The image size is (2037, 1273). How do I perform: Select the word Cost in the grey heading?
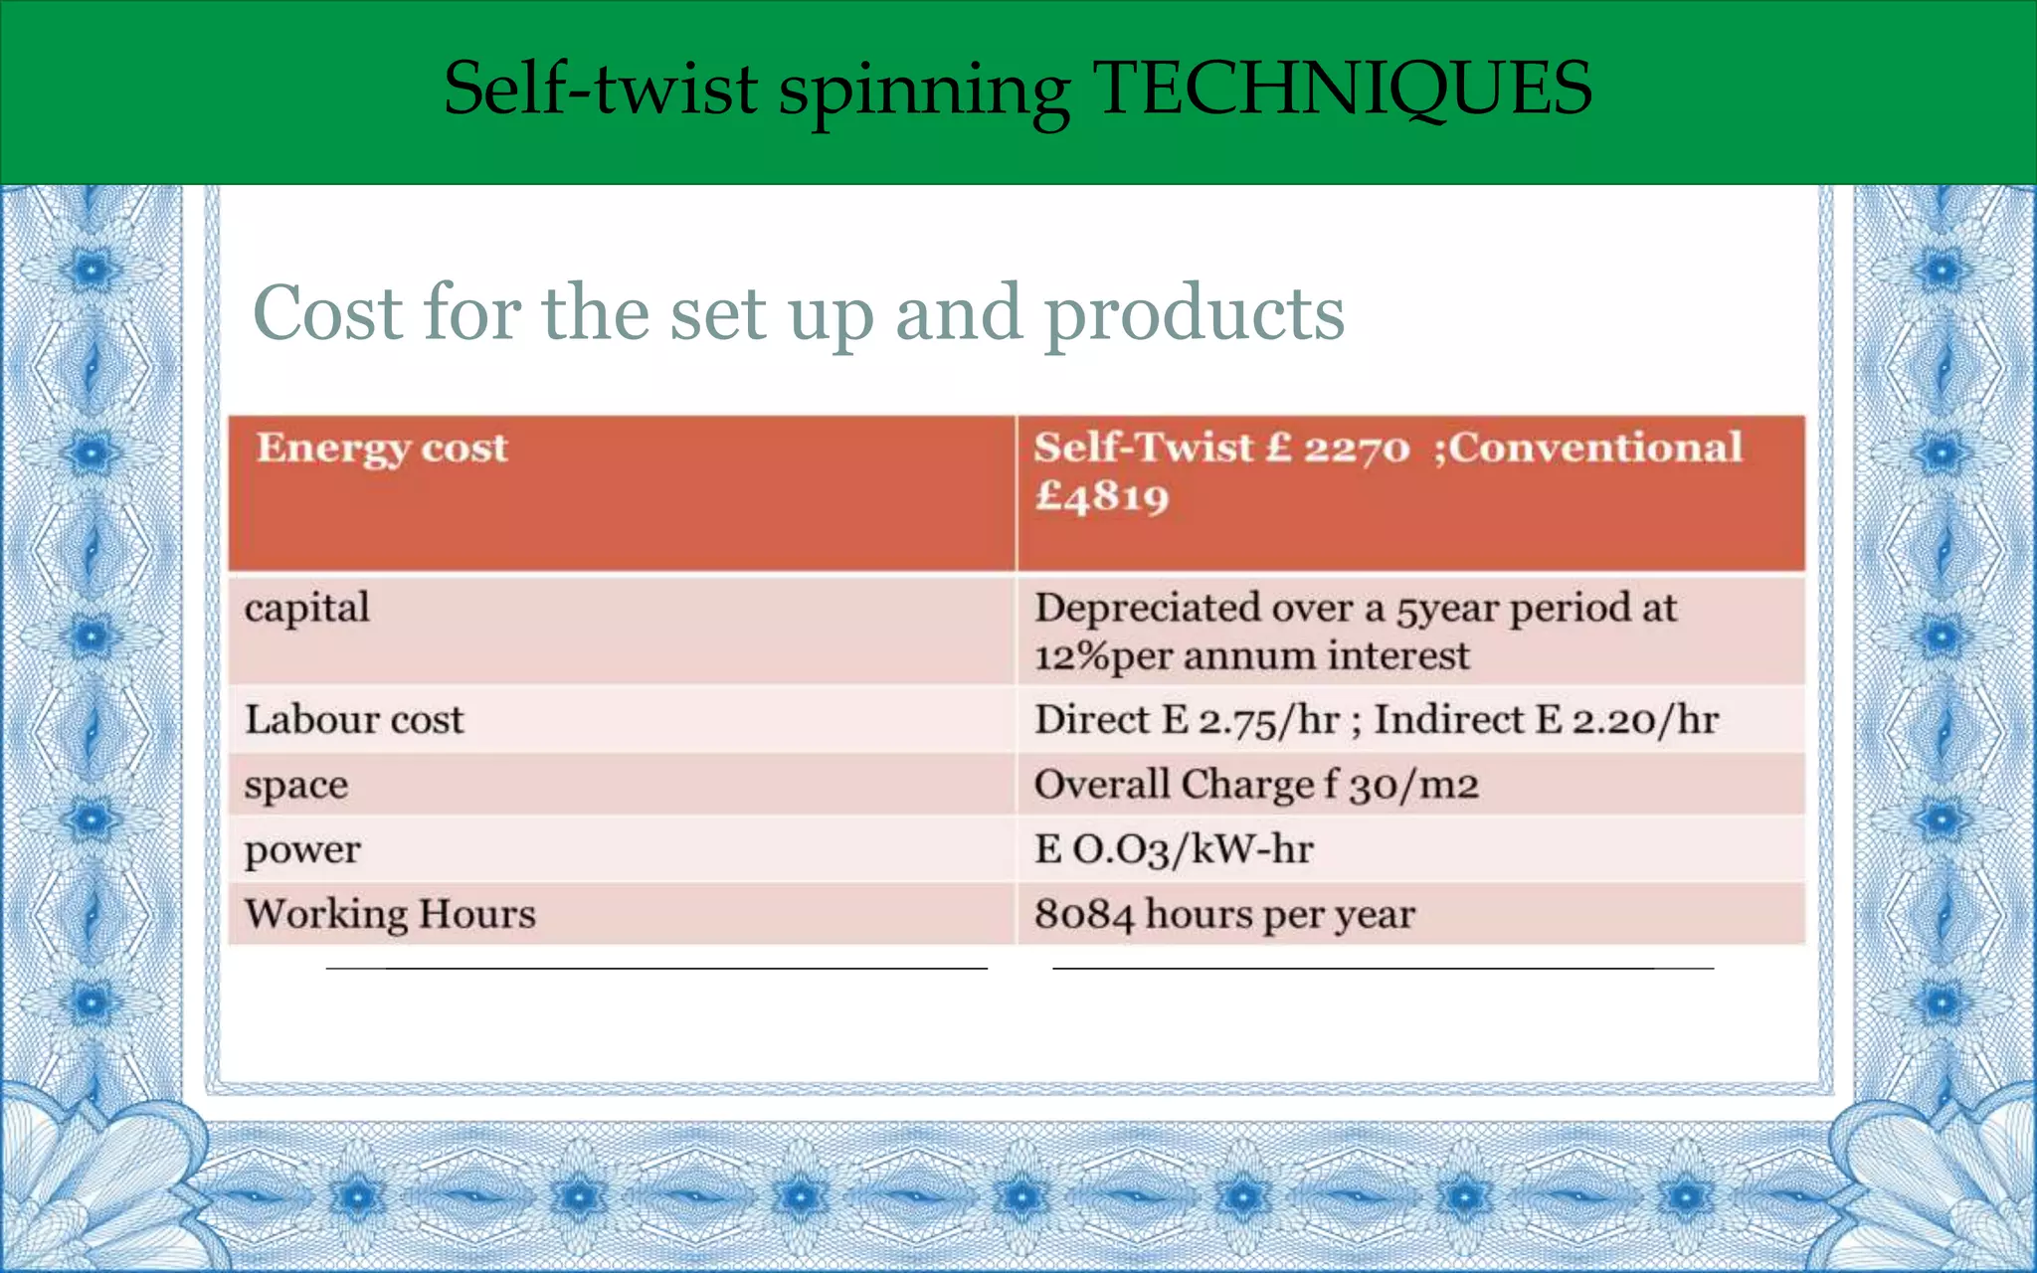(x=327, y=313)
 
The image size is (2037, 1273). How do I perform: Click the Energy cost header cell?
(x=382, y=449)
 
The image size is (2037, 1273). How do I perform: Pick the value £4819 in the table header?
(x=1101, y=496)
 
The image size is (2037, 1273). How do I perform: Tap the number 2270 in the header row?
(x=1357, y=449)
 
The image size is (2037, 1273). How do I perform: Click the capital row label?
(x=306, y=609)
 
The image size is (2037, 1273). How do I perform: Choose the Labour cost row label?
(x=354, y=720)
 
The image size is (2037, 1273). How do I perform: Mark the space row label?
(x=296, y=786)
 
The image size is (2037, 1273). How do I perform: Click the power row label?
(x=302, y=850)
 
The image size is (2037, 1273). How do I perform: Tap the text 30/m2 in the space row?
(x=1413, y=786)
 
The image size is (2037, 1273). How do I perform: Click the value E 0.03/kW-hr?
(x=1174, y=850)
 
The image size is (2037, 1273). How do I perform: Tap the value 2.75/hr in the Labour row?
(x=1268, y=720)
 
